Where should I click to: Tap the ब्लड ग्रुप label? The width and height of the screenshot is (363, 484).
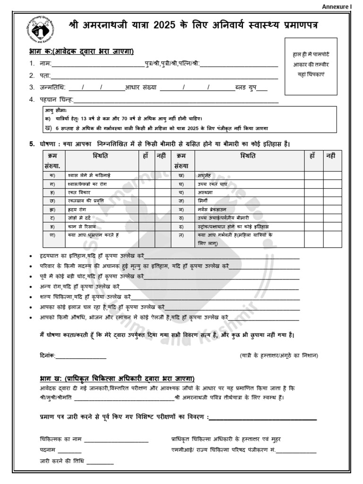click(247, 87)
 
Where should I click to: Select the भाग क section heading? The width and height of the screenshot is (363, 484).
click(86, 52)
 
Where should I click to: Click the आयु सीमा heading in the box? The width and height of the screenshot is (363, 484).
click(56, 111)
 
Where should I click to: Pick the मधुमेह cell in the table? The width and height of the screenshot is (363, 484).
click(206, 175)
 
